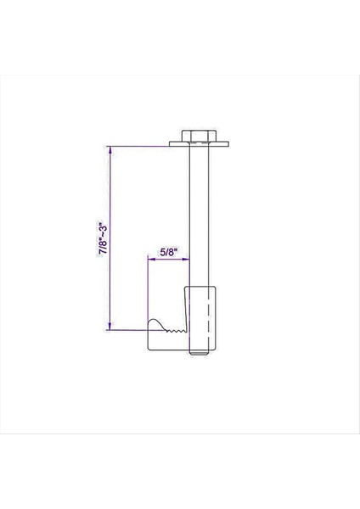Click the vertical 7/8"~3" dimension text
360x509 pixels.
tap(103, 239)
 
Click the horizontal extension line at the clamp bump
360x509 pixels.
tap(127, 329)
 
